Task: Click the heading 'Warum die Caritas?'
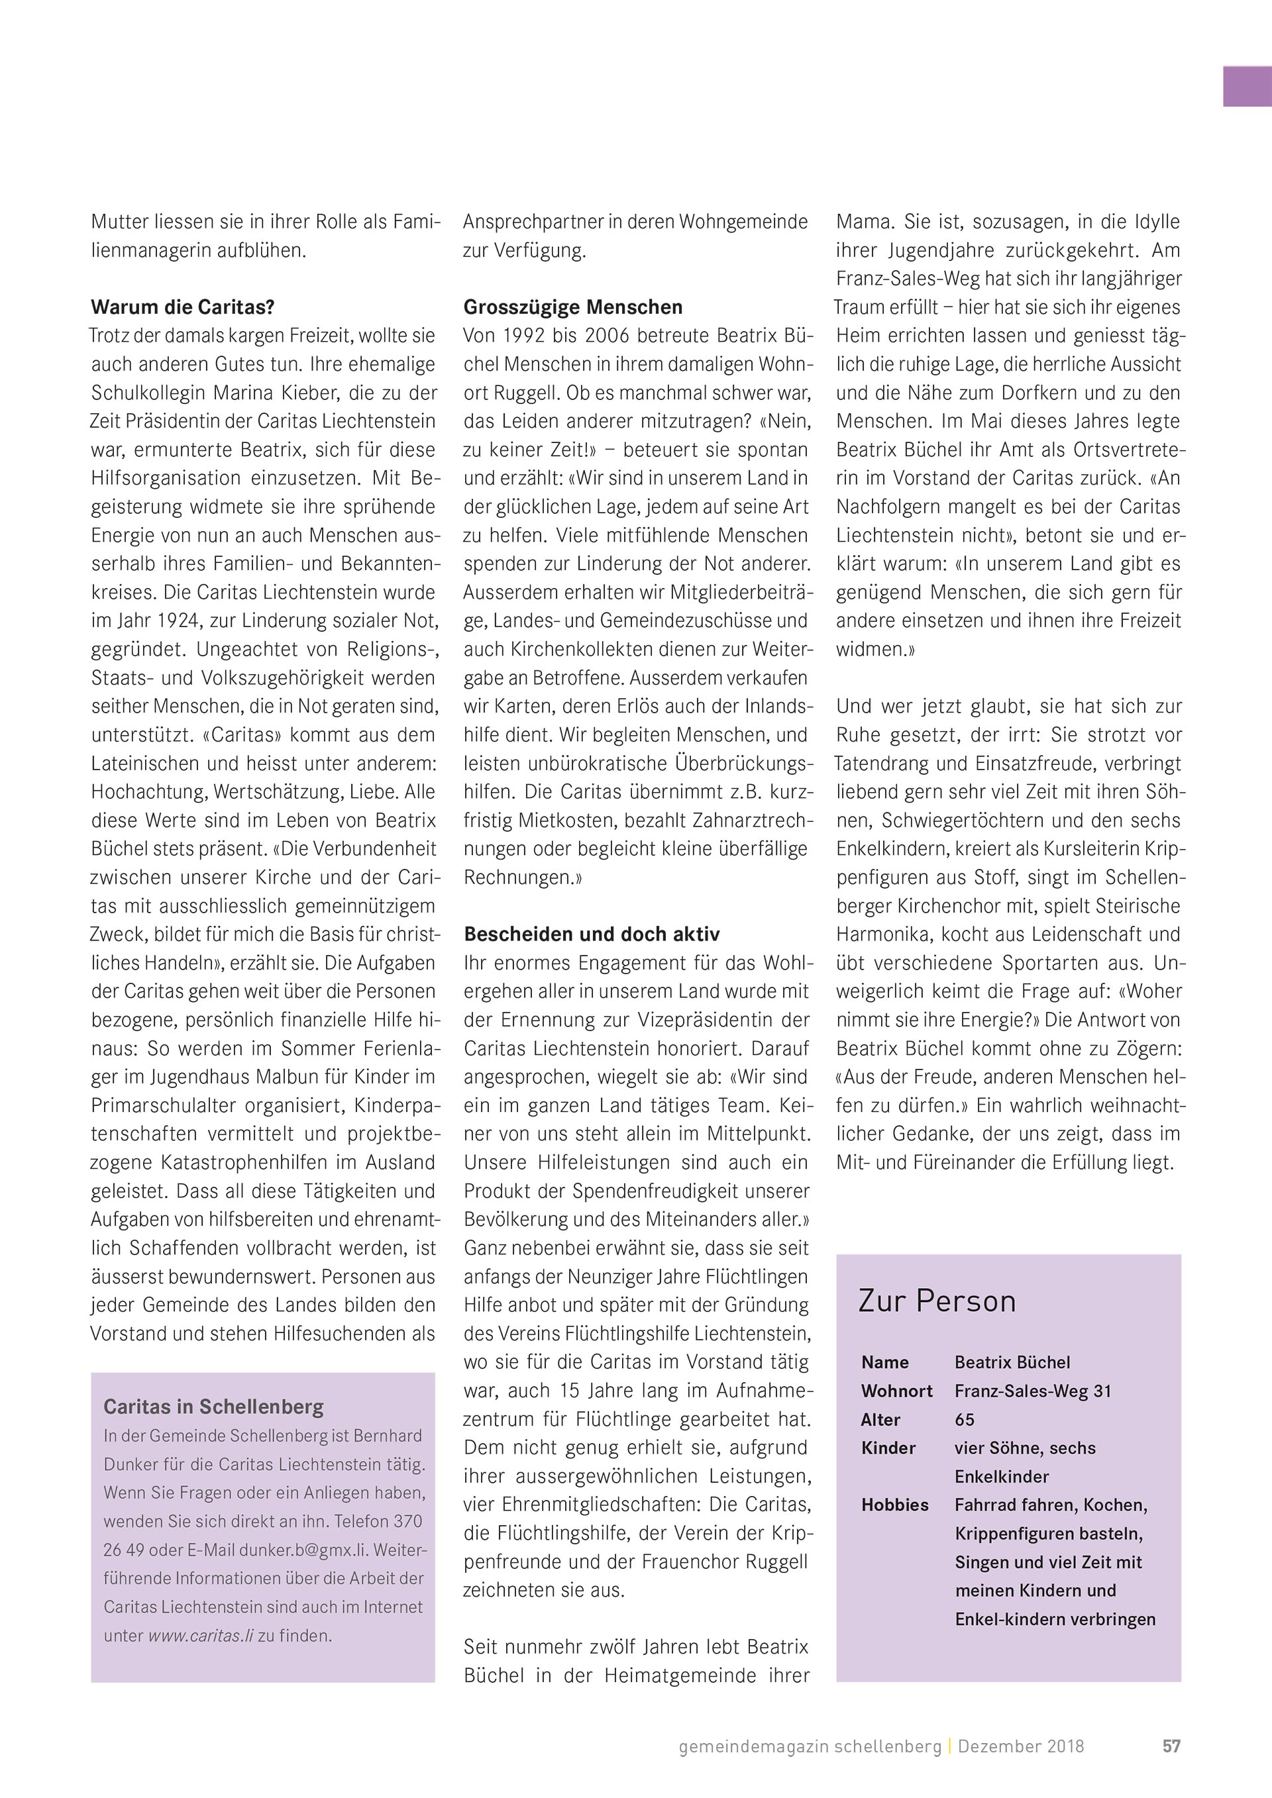(x=182, y=307)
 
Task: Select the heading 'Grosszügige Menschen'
(x=572, y=307)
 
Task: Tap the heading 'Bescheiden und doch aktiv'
(x=592, y=934)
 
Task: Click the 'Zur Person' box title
(x=937, y=1301)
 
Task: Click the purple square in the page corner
(x=1247, y=86)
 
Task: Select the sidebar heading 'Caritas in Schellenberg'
(x=213, y=1407)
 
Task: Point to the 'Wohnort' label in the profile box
(x=897, y=1391)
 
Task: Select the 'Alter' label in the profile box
(x=880, y=1420)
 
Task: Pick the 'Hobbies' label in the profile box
(x=894, y=1505)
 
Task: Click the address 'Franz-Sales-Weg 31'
(x=1032, y=1391)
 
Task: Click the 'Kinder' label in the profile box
(x=888, y=1448)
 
